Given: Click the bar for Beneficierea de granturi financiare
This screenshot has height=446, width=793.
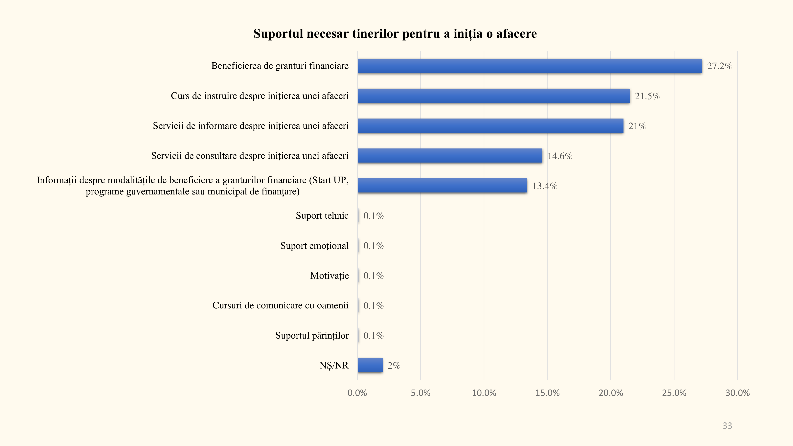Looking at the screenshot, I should pos(530,66).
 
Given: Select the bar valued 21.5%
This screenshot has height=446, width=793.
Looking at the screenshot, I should pos(493,96).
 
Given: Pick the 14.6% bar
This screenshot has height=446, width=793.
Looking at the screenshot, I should pos(450,155).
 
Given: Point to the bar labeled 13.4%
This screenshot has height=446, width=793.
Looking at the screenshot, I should pos(442,186).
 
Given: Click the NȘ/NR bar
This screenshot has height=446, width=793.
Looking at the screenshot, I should pos(370,365).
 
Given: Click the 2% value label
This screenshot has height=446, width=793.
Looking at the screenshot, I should pos(394,366).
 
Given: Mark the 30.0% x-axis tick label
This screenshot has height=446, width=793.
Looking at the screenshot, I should pos(737,393).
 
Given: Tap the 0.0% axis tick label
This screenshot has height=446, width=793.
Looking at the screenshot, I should pos(357,393).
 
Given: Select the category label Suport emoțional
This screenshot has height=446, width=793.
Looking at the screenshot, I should pos(314,246).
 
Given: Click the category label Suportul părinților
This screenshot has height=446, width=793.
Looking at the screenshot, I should pos(312,336).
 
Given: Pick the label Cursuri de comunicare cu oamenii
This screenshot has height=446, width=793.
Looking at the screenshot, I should pos(280,305).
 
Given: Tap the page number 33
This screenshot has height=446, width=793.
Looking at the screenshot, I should pos(727,426).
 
